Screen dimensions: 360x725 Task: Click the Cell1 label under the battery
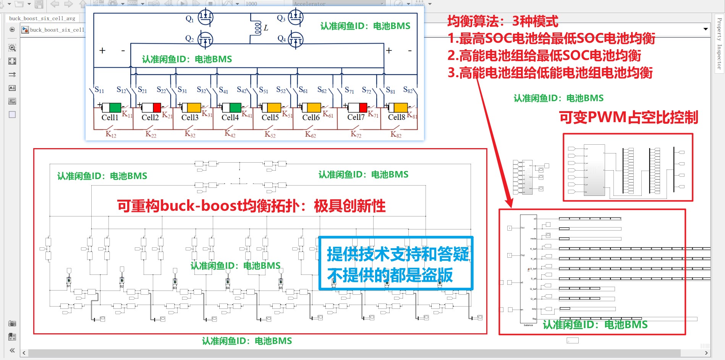(110, 118)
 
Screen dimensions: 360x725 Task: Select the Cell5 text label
(270, 118)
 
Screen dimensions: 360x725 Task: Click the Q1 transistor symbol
(206, 17)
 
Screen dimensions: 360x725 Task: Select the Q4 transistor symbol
(295, 39)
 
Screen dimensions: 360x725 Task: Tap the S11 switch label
(99, 90)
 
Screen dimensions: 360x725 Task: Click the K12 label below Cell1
(111, 134)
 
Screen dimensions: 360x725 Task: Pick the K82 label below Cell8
(396, 134)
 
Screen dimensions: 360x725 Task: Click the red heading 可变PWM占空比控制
(628, 117)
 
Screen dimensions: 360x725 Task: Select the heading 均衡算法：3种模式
(503, 21)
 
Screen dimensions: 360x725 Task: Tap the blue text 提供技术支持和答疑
(397, 254)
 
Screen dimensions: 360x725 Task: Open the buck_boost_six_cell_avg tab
(42, 18)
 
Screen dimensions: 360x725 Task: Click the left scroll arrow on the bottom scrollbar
(24, 353)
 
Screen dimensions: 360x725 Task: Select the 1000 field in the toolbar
(264, 4)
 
